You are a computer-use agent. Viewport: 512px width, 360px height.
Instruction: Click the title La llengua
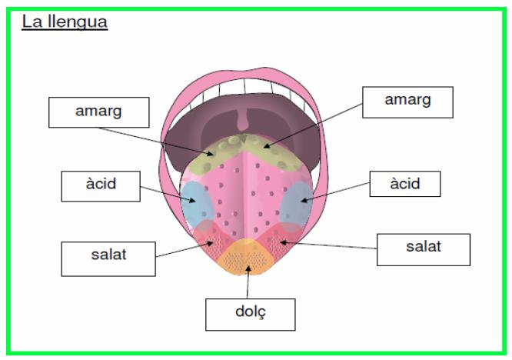(x=65, y=22)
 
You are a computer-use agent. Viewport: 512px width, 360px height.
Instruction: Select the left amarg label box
(x=99, y=112)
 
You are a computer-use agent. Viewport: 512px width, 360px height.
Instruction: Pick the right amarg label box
(x=408, y=102)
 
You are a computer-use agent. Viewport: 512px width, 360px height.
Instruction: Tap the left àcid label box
(x=101, y=186)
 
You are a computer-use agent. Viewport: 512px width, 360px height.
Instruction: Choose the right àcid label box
(x=405, y=184)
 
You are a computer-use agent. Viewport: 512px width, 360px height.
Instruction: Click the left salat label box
(x=108, y=259)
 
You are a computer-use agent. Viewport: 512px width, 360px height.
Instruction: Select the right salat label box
(x=424, y=249)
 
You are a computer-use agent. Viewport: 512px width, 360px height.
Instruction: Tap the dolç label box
(x=251, y=315)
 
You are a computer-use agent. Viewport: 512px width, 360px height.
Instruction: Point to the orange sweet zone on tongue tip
(x=246, y=258)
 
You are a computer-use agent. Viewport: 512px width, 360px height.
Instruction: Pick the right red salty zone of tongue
(x=279, y=241)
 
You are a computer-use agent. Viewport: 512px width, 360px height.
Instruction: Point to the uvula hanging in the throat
(x=243, y=119)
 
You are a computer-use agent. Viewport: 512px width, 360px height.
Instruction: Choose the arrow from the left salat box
(x=185, y=249)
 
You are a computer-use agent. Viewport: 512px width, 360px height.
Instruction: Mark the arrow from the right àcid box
(x=335, y=192)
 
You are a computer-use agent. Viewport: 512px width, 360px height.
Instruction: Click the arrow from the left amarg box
(x=156, y=141)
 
